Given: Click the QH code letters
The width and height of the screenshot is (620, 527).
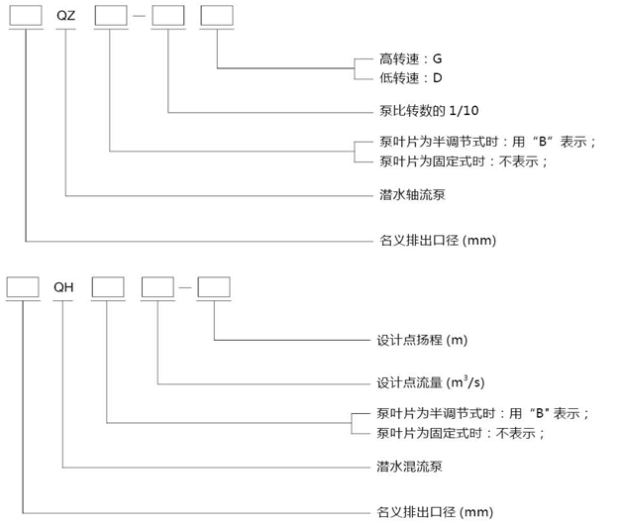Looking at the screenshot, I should [64, 287].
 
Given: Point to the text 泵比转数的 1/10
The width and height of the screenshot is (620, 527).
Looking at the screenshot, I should [429, 110].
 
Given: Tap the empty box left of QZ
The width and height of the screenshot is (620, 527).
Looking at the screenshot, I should [24, 18].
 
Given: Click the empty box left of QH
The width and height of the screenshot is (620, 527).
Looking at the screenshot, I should [22, 286].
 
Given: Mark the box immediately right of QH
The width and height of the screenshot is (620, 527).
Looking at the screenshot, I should [107, 286].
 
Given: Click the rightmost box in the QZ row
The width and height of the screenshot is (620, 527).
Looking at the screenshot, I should [216, 18].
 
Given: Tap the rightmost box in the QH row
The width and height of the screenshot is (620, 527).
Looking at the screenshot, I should [213, 286].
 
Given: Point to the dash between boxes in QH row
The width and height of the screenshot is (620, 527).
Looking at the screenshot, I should [185, 287].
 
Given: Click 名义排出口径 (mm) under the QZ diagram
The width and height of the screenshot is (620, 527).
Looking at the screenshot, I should [437, 240].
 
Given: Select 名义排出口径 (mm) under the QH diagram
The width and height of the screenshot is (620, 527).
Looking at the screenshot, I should [435, 511].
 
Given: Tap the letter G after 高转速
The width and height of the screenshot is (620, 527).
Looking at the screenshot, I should [437, 58].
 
